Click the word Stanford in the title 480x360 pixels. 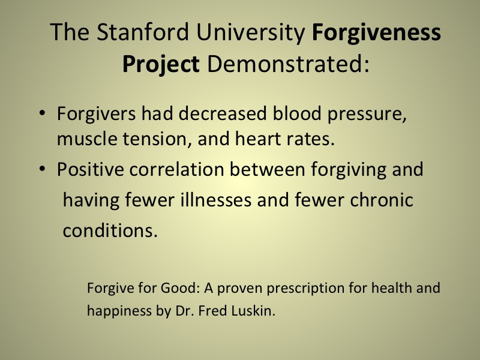tap(143, 32)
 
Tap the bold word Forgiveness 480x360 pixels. tap(376, 32)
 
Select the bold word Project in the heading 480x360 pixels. tap(161, 64)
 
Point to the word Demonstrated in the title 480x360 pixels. tap(288, 64)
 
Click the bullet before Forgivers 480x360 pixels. tap(42, 113)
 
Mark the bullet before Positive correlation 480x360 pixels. tap(42, 169)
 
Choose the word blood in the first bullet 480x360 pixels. tap(297, 113)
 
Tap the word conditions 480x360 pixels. tap(110, 230)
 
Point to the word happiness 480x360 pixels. tap(119, 311)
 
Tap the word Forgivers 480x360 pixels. tap(96, 113)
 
